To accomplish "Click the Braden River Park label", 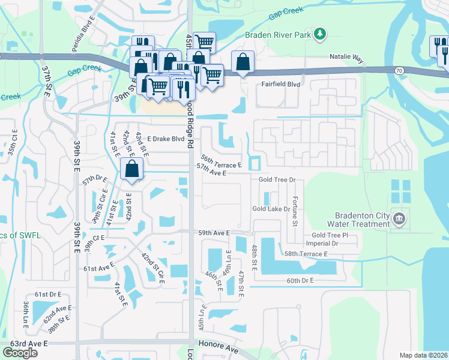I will tap(279, 35).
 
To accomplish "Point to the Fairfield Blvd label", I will tap(280, 85).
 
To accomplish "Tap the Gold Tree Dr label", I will tap(277, 179).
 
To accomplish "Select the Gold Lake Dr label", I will tap(271, 209).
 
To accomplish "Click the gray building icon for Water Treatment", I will tap(399, 218).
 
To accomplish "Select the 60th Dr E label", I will tap(301, 280).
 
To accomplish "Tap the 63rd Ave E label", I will tap(28, 344).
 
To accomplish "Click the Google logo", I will tap(20, 353).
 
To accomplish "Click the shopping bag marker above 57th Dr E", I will tap(131, 169).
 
